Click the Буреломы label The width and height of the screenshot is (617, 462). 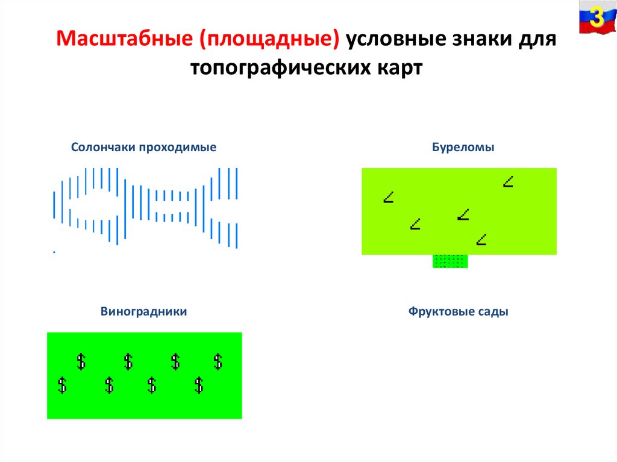coord(463,148)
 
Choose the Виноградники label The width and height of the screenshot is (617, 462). coord(144,312)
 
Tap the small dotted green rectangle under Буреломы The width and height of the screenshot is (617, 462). coord(450,261)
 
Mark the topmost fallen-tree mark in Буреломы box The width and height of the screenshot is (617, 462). coord(509,181)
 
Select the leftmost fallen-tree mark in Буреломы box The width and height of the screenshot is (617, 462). coord(389,197)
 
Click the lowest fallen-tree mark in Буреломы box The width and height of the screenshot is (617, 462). coord(481,240)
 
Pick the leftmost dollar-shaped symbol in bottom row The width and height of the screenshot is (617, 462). coord(61,385)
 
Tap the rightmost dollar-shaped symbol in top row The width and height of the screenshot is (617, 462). coord(218,361)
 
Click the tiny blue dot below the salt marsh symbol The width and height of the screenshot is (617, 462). coord(54,252)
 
